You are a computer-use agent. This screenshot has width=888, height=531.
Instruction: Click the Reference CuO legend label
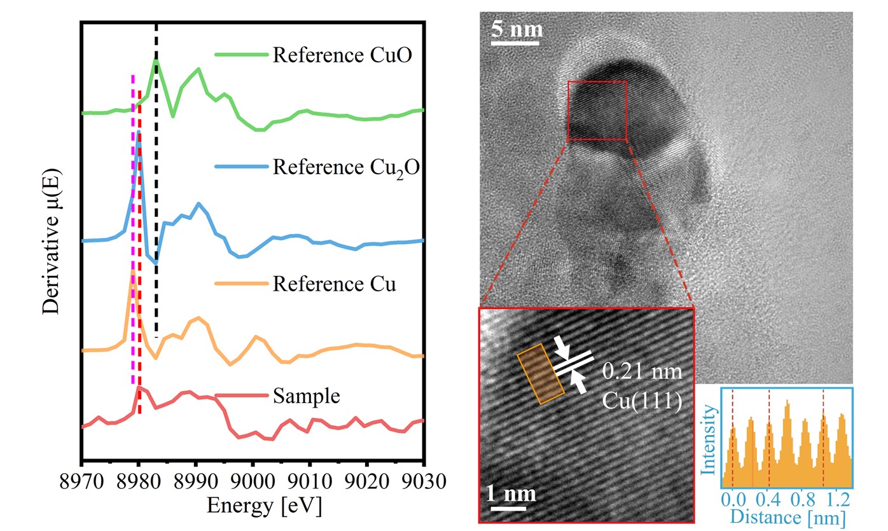(x=342, y=55)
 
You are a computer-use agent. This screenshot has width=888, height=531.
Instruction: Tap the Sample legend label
(x=307, y=396)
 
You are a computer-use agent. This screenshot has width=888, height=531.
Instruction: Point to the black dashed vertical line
(x=156, y=191)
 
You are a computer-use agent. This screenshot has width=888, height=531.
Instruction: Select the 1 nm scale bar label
(x=512, y=493)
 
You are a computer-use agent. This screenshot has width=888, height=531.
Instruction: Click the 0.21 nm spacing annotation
(x=642, y=371)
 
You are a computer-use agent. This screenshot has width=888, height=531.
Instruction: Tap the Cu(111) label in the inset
(x=642, y=397)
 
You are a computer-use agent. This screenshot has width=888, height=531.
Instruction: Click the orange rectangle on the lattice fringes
(x=540, y=374)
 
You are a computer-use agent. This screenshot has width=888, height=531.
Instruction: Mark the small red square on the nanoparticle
(x=597, y=110)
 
